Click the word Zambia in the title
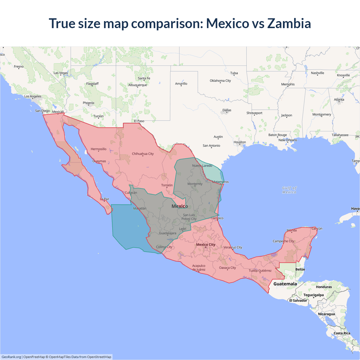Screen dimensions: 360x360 click(x=289, y=23)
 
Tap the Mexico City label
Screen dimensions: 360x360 click(x=206, y=244)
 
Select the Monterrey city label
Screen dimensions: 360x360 click(x=195, y=184)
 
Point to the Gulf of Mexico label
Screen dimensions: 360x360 click(x=289, y=190)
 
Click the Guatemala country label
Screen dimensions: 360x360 click(x=285, y=284)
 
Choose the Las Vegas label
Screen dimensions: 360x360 click(x=61, y=73)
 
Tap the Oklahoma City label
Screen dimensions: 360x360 click(x=220, y=81)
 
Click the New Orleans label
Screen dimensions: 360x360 click(x=287, y=140)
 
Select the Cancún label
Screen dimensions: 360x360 click(x=317, y=228)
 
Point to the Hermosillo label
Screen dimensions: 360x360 click(x=98, y=149)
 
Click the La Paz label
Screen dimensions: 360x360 click(x=105, y=199)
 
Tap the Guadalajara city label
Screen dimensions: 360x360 click(x=168, y=233)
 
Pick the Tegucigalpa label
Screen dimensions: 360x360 click(x=313, y=295)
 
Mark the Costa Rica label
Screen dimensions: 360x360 click(x=342, y=333)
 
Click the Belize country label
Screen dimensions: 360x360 click(x=300, y=269)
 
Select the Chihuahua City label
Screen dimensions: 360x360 click(x=143, y=154)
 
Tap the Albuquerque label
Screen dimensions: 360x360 click(x=138, y=85)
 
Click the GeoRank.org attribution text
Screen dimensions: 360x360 click(x=11, y=357)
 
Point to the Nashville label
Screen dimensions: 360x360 click(x=317, y=73)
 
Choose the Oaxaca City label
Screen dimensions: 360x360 click(x=227, y=268)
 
